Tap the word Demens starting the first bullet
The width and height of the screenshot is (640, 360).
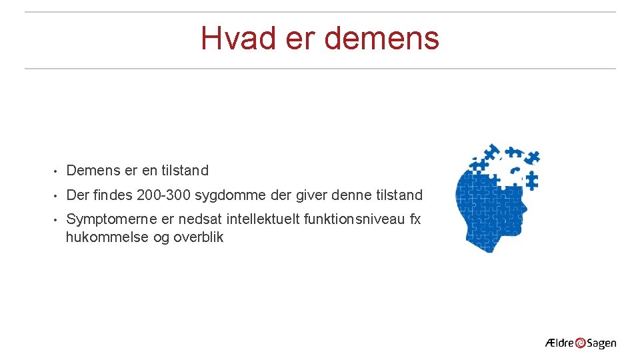[93, 171]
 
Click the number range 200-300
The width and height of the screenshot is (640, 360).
[163, 195]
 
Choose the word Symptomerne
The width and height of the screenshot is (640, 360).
[112, 219]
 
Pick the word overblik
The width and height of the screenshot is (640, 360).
[199, 237]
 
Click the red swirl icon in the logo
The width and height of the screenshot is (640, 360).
[581, 343]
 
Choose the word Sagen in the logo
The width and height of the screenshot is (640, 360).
[602, 344]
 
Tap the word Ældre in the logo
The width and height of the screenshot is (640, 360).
[559, 343]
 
